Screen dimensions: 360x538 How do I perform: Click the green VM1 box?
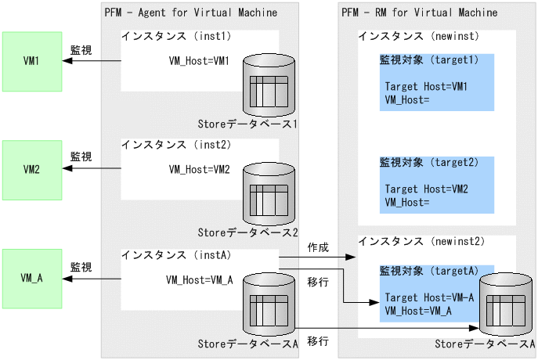pos(32,61)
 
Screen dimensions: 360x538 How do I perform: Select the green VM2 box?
pos(32,169)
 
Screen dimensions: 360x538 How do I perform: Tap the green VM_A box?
pos(32,277)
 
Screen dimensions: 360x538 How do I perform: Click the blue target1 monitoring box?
pos(436,82)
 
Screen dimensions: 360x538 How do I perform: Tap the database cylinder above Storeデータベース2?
pos(269,192)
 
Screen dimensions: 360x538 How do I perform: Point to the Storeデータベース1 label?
pos(248,124)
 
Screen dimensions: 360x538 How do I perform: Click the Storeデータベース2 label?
pos(248,232)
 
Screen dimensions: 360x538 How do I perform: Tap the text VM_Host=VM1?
pos(200,61)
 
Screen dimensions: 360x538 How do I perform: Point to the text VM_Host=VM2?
pos(200,169)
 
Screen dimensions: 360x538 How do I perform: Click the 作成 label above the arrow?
pos(317,247)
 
